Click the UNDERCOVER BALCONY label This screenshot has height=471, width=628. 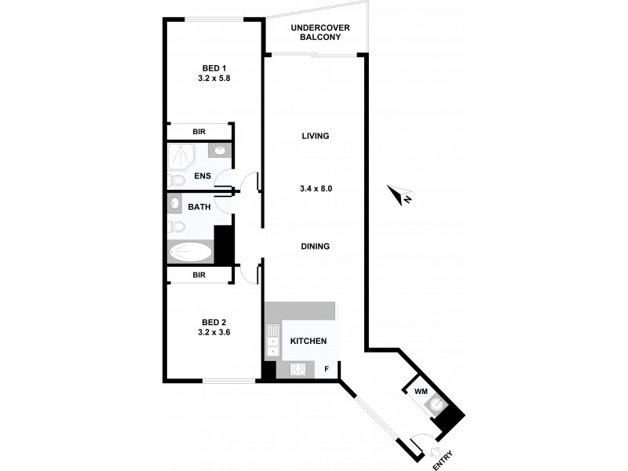click(320, 34)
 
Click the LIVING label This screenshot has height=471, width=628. click(315, 136)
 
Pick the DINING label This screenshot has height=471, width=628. click(315, 246)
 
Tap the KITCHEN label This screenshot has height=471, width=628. click(309, 341)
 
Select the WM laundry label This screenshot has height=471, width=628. click(420, 389)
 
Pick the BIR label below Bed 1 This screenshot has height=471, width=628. click(199, 132)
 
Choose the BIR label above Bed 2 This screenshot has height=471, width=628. click(199, 275)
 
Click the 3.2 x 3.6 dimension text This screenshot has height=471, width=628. click(215, 332)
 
